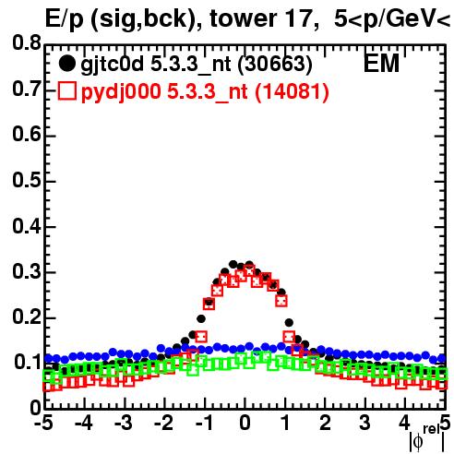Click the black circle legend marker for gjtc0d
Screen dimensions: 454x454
pos(66,64)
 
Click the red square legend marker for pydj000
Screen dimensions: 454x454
pos(66,91)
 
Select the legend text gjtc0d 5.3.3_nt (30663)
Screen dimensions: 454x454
pos(197,65)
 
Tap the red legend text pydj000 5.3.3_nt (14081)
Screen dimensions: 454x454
pos(205,92)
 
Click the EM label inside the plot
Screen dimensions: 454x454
pos(381,63)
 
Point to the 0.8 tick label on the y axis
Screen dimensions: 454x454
pos(27,43)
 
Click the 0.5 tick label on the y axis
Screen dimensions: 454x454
pos(27,180)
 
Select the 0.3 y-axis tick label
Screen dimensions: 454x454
pos(27,271)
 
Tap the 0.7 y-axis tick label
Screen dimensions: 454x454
pos(27,89)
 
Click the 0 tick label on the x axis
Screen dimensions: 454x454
pos(245,423)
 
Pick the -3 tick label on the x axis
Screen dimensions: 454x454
pos(124,423)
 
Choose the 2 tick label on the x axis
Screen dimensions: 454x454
pos(325,423)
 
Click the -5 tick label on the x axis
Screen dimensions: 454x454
pos(43,423)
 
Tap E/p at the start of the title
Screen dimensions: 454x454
pos(65,19)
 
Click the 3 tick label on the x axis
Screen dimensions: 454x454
pos(365,423)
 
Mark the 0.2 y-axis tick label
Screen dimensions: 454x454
pos(27,317)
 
